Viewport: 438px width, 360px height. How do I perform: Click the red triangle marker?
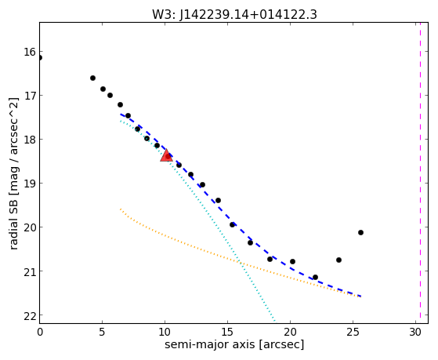tap(166, 155)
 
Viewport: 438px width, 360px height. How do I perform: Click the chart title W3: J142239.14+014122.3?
tap(234, 15)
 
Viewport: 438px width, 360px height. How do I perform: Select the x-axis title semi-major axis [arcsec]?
tap(234, 344)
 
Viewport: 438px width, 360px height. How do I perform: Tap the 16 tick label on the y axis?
tap(29, 52)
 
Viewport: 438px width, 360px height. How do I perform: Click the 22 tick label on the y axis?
tap(29, 315)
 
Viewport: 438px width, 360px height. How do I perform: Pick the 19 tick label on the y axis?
tap(29, 184)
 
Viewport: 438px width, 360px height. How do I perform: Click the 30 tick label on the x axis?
tap(415, 333)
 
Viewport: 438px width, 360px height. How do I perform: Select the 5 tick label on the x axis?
tap(102, 333)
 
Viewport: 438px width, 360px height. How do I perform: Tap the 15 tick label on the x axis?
tap(227, 333)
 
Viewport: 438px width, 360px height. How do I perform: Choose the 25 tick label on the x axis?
tap(353, 333)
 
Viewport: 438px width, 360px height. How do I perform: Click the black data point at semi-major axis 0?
tap(40, 58)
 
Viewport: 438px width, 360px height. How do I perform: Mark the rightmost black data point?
tap(360, 232)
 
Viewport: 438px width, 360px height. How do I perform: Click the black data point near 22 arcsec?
tap(315, 277)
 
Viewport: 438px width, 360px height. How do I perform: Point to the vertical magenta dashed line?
tap(420, 173)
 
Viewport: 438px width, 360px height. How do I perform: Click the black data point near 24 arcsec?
tap(338, 260)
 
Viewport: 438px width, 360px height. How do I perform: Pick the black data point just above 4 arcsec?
tap(92, 78)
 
